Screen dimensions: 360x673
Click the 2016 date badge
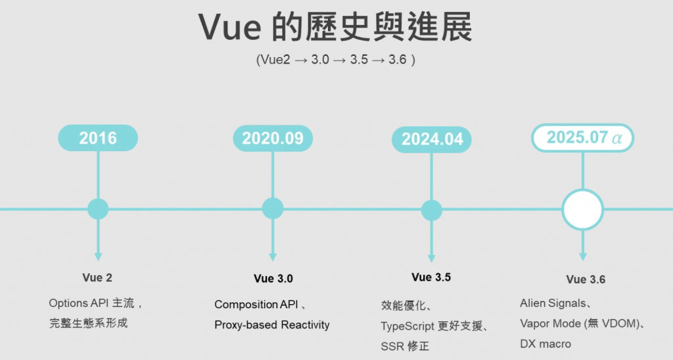pos(98,138)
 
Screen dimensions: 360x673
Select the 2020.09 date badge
pos(273,138)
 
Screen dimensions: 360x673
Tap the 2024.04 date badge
pos(432,139)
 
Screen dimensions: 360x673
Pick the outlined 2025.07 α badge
pos(582,138)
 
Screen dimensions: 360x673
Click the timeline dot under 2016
pos(98,209)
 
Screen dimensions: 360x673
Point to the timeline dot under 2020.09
pos(273,209)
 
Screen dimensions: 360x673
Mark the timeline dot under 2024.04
pos(432,210)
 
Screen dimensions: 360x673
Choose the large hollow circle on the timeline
pos(582,210)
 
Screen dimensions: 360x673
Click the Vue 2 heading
pos(97,278)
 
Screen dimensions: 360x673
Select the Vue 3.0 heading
pos(273,279)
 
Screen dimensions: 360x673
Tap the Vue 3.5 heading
pos(431,277)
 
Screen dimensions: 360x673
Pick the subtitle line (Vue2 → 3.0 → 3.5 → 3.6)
pos(336,59)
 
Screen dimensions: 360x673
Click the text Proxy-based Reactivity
pos(271,325)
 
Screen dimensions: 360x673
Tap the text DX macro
pos(545,344)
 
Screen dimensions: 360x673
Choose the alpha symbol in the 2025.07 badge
pos(616,139)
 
